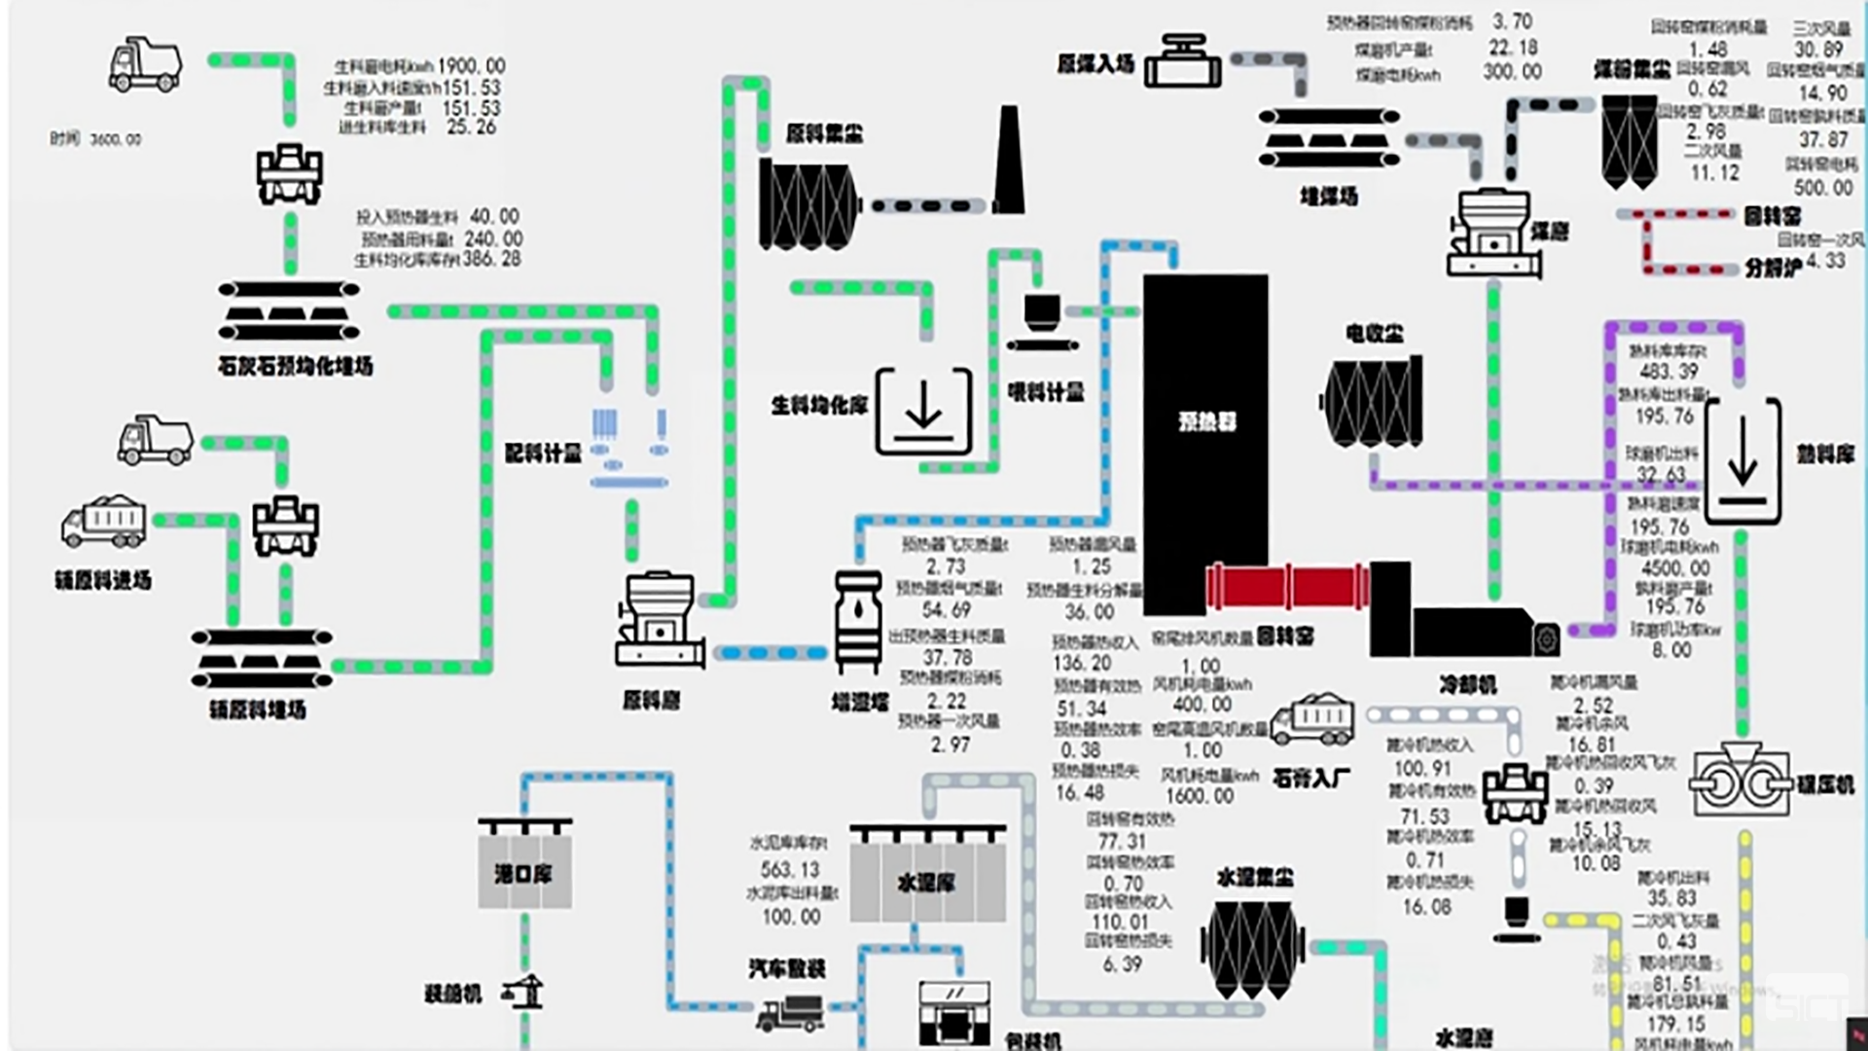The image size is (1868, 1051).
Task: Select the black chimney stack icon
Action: click(1009, 161)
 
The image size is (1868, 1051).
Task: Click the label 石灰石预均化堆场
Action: click(295, 367)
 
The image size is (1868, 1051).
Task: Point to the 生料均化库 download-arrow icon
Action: click(923, 411)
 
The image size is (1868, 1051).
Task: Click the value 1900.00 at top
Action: click(471, 66)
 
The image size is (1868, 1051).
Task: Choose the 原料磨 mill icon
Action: click(660, 620)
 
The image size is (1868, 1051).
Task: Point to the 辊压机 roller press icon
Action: click(1741, 781)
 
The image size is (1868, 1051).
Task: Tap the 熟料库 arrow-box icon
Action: click(1742, 460)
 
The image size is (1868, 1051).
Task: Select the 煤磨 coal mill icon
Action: click(1493, 234)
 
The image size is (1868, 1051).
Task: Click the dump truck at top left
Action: click(145, 65)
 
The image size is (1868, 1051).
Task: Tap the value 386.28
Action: click(491, 260)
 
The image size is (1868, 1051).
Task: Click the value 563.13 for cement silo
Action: click(790, 870)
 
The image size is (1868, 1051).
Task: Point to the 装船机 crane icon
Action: click(522, 992)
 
